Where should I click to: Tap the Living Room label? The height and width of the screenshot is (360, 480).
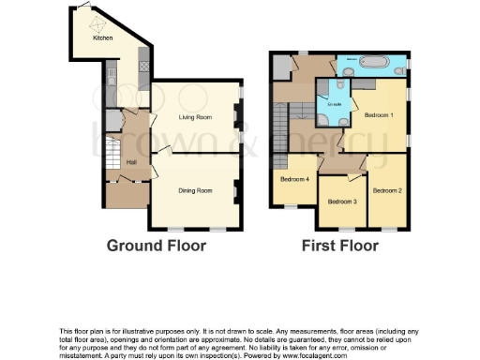pyautogui.click(x=196, y=117)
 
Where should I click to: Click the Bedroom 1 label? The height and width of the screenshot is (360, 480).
pyautogui.click(x=379, y=114)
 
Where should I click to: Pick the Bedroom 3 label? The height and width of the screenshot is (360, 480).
pyautogui.click(x=341, y=202)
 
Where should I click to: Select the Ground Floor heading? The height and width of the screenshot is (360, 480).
pyautogui.click(x=156, y=246)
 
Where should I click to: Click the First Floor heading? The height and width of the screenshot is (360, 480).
pyautogui.click(x=339, y=246)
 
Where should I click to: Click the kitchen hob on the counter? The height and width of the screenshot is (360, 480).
pyautogui.click(x=144, y=66)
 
